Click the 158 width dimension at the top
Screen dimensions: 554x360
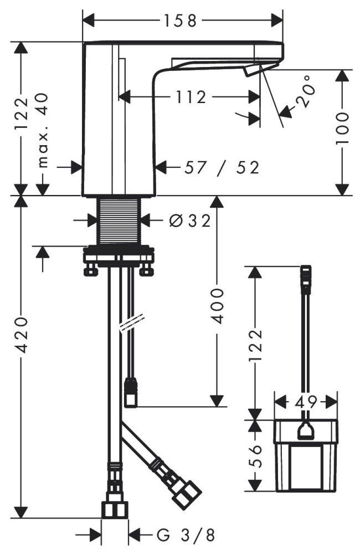click(x=181, y=21)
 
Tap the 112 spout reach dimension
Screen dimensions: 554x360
click(x=191, y=98)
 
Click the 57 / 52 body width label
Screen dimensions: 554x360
click(x=222, y=167)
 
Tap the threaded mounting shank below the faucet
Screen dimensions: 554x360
click(x=120, y=220)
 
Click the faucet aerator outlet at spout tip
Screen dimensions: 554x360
click(x=253, y=70)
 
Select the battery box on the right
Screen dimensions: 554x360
click(x=305, y=455)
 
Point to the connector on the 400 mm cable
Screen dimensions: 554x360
click(x=131, y=392)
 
